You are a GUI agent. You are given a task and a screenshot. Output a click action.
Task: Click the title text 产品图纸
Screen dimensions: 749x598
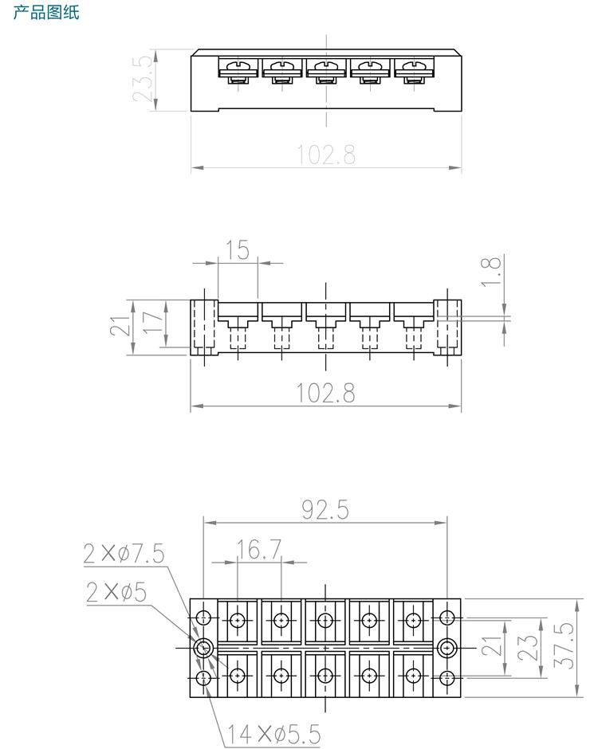[x=46, y=13]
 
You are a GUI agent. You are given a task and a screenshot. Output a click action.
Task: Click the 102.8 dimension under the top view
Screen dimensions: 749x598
[x=326, y=154]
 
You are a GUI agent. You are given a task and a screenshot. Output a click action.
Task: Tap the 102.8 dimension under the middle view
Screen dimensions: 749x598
[x=326, y=393]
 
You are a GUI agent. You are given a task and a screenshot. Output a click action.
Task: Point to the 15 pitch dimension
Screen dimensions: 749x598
[x=237, y=250]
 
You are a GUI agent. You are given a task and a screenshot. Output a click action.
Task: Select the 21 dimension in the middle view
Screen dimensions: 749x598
[x=120, y=326]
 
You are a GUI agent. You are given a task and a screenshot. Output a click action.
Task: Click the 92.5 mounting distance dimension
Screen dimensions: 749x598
[x=325, y=510]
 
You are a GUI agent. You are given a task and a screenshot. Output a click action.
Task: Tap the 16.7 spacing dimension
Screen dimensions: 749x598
[x=259, y=549]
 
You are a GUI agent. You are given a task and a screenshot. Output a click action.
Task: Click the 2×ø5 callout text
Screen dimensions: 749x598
[x=116, y=591]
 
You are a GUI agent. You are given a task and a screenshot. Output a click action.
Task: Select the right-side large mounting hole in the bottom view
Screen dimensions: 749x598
[x=447, y=646]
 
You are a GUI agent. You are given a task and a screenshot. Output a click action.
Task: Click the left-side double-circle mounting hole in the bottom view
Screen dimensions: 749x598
[x=204, y=646]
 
